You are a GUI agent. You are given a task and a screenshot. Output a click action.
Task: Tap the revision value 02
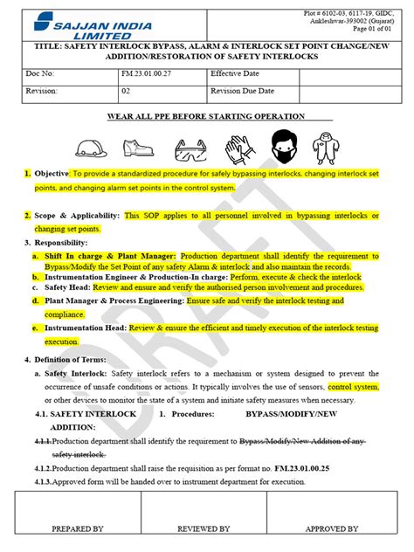point(127,90)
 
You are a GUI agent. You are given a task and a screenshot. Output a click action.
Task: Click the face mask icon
point(285,147)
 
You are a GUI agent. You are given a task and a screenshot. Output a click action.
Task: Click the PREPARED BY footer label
point(78,528)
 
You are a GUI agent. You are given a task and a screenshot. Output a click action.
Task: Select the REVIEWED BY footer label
point(204,528)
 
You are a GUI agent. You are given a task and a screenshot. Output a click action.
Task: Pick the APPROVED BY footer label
point(332,528)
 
